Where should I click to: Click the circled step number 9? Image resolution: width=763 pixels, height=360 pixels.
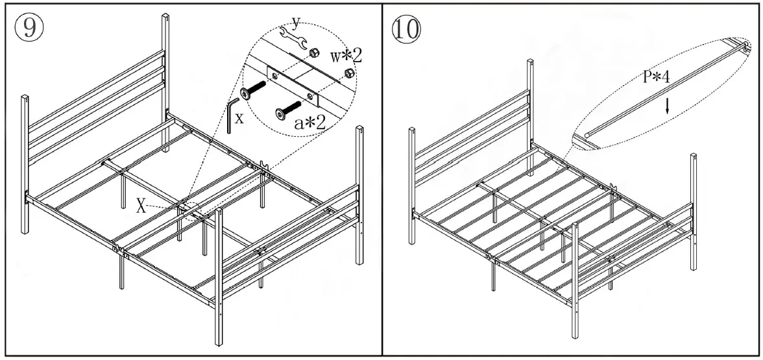(29, 28)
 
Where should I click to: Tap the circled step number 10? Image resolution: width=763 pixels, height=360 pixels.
(407, 28)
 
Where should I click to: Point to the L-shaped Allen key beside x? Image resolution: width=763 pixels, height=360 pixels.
(233, 114)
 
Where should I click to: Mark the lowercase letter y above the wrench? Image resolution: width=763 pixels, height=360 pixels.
(296, 23)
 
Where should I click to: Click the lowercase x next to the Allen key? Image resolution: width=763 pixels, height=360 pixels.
(239, 119)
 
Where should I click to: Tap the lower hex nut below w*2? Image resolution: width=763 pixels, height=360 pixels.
(348, 72)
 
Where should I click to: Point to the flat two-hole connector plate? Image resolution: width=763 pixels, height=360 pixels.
(295, 84)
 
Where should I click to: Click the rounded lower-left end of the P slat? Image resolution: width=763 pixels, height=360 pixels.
(587, 135)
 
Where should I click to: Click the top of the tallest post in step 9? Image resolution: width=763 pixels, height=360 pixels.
(166, 16)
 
